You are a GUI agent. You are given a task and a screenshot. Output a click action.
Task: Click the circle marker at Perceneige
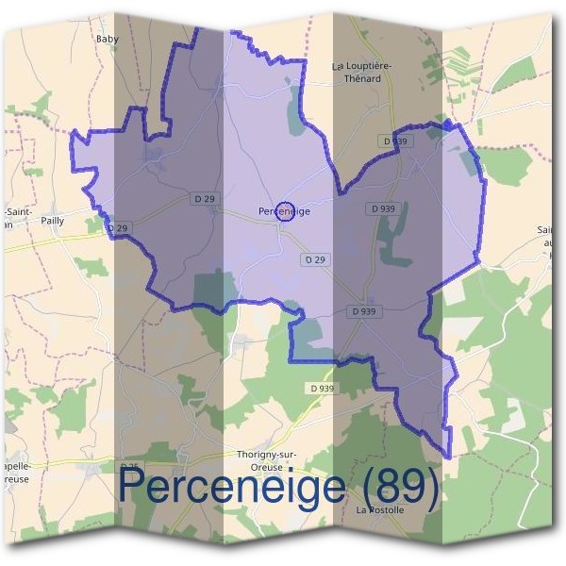tap(285, 210)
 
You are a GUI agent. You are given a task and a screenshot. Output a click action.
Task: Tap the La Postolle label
tap(380, 510)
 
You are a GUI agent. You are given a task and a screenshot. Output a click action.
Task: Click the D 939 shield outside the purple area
tap(321, 388)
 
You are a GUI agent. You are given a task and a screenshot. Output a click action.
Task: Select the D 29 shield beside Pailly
tap(117, 228)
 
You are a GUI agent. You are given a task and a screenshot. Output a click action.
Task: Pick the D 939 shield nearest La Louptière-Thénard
tap(397, 141)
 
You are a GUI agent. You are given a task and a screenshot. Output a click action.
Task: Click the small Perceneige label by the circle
tap(270, 211)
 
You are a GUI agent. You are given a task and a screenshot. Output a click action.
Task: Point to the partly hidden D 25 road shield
tap(129, 466)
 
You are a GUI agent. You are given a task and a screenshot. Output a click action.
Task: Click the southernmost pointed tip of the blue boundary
tap(447, 458)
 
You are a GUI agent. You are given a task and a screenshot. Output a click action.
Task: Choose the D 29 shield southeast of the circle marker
tap(317, 258)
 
